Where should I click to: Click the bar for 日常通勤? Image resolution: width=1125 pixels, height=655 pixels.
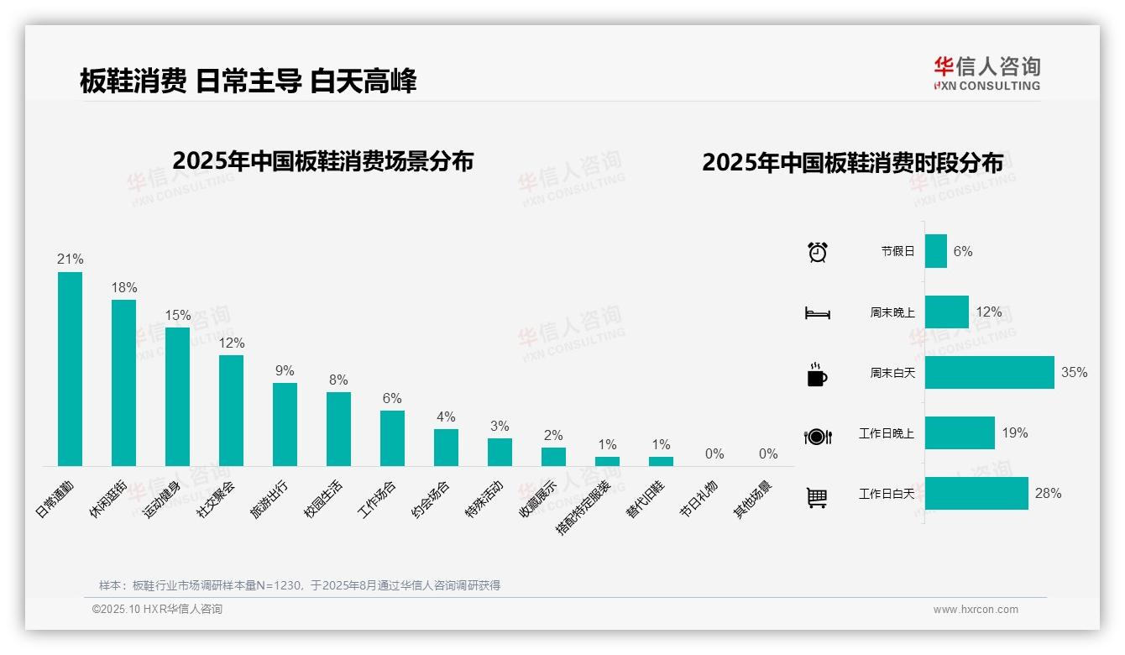pyautogui.click(x=70, y=369)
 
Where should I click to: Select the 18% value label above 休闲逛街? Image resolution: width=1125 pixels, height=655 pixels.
pyautogui.click(x=124, y=287)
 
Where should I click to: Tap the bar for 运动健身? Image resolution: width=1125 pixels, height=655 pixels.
pyautogui.click(x=177, y=396)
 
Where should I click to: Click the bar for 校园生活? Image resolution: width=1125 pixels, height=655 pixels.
pyautogui.click(x=338, y=428)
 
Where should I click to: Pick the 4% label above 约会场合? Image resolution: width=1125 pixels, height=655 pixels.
pyautogui.click(x=446, y=417)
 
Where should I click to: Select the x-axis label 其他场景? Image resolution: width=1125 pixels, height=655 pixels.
pyautogui.click(x=754, y=500)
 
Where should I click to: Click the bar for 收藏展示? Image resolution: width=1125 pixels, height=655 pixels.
pyautogui.click(x=553, y=456)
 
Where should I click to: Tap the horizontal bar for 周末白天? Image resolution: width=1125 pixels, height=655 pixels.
pyautogui.click(x=989, y=372)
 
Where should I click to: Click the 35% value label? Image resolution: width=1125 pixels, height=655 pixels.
pyautogui.click(x=1074, y=372)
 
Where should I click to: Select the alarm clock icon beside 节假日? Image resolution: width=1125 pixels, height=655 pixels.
pyautogui.click(x=817, y=251)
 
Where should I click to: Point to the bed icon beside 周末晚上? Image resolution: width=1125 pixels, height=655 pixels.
pyautogui.click(x=817, y=312)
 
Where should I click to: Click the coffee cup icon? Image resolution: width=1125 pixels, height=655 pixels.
pyautogui.click(x=817, y=374)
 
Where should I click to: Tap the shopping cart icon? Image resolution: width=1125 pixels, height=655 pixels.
pyautogui.click(x=817, y=497)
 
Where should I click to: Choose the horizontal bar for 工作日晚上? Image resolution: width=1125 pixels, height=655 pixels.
pyautogui.click(x=960, y=432)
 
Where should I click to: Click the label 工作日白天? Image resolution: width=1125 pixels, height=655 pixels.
pyautogui.click(x=886, y=494)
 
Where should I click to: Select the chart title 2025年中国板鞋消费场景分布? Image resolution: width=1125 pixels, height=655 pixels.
pyautogui.click(x=323, y=161)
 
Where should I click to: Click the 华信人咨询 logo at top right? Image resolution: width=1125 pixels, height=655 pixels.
pyautogui.click(x=986, y=74)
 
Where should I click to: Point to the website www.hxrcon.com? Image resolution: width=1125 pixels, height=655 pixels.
pyautogui.click(x=976, y=610)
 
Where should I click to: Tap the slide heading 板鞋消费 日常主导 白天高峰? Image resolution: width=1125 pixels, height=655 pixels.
pyautogui.click(x=249, y=81)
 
